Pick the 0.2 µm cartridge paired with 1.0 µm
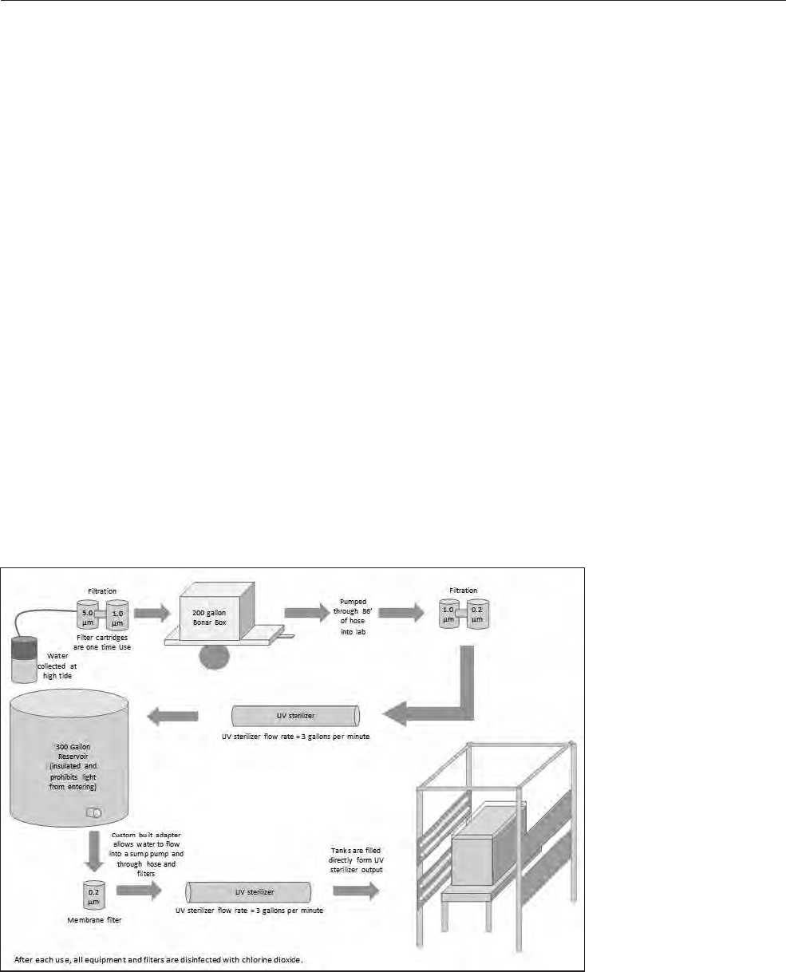[477, 614]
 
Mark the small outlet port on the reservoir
[94, 813]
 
